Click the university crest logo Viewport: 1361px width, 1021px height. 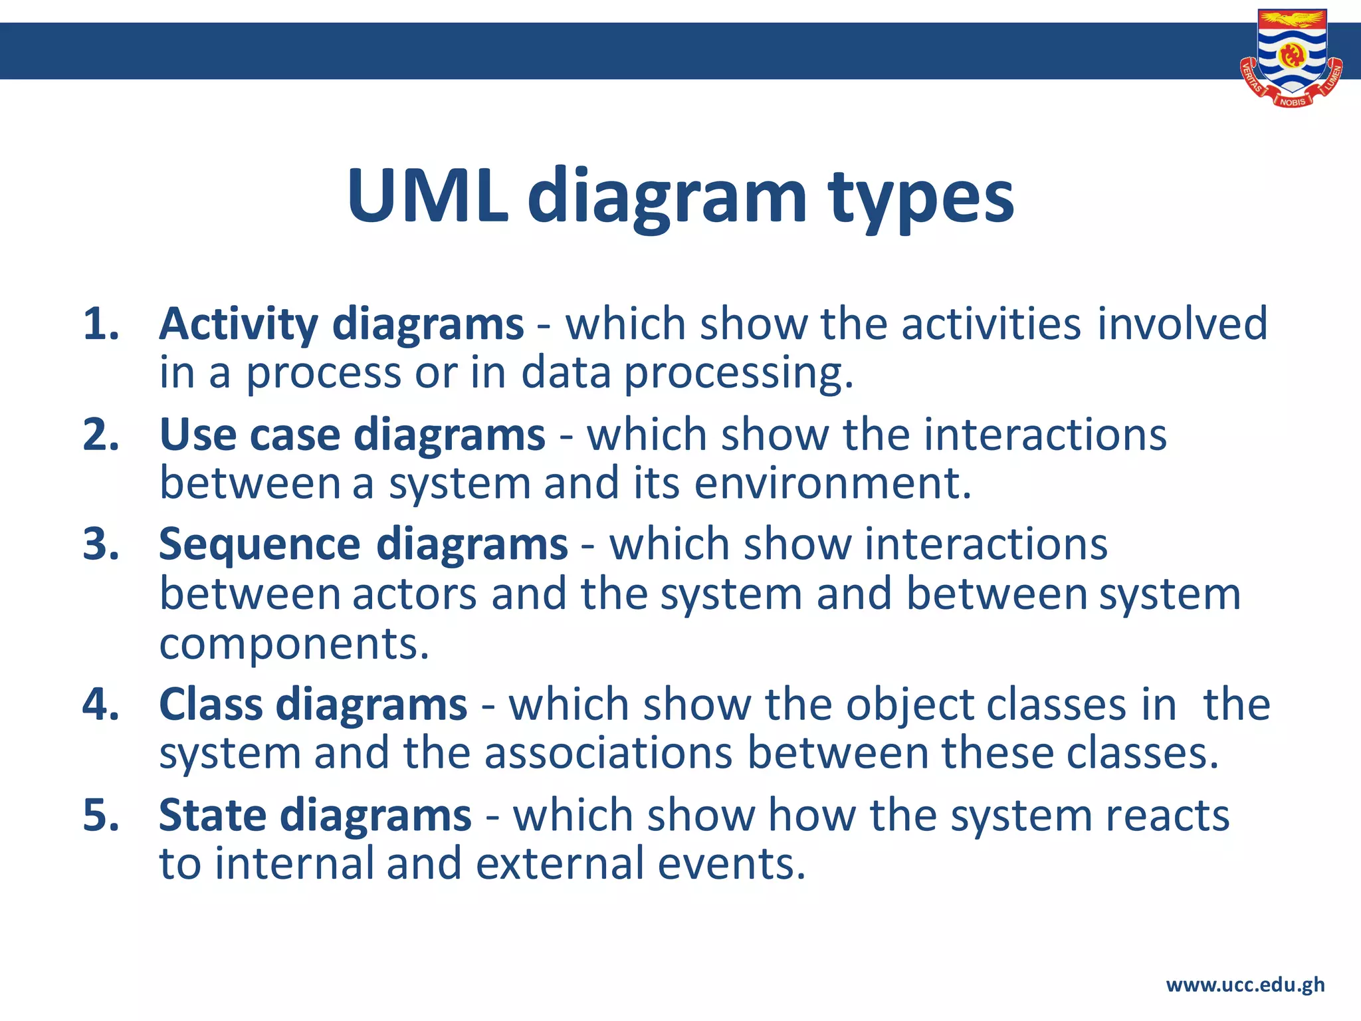point(1292,58)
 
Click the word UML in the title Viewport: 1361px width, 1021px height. point(427,197)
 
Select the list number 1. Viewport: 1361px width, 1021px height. point(100,324)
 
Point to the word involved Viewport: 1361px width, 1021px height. point(1182,324)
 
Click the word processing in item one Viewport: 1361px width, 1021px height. point(738,374)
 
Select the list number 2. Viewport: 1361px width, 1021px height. point(100,435)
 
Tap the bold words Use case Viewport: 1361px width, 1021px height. point(250,435)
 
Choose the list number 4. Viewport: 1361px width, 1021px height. point(100,705)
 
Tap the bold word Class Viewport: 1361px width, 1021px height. point(213,705)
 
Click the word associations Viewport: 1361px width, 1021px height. point(608,754)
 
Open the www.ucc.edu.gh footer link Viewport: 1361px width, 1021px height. point(1245,984)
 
